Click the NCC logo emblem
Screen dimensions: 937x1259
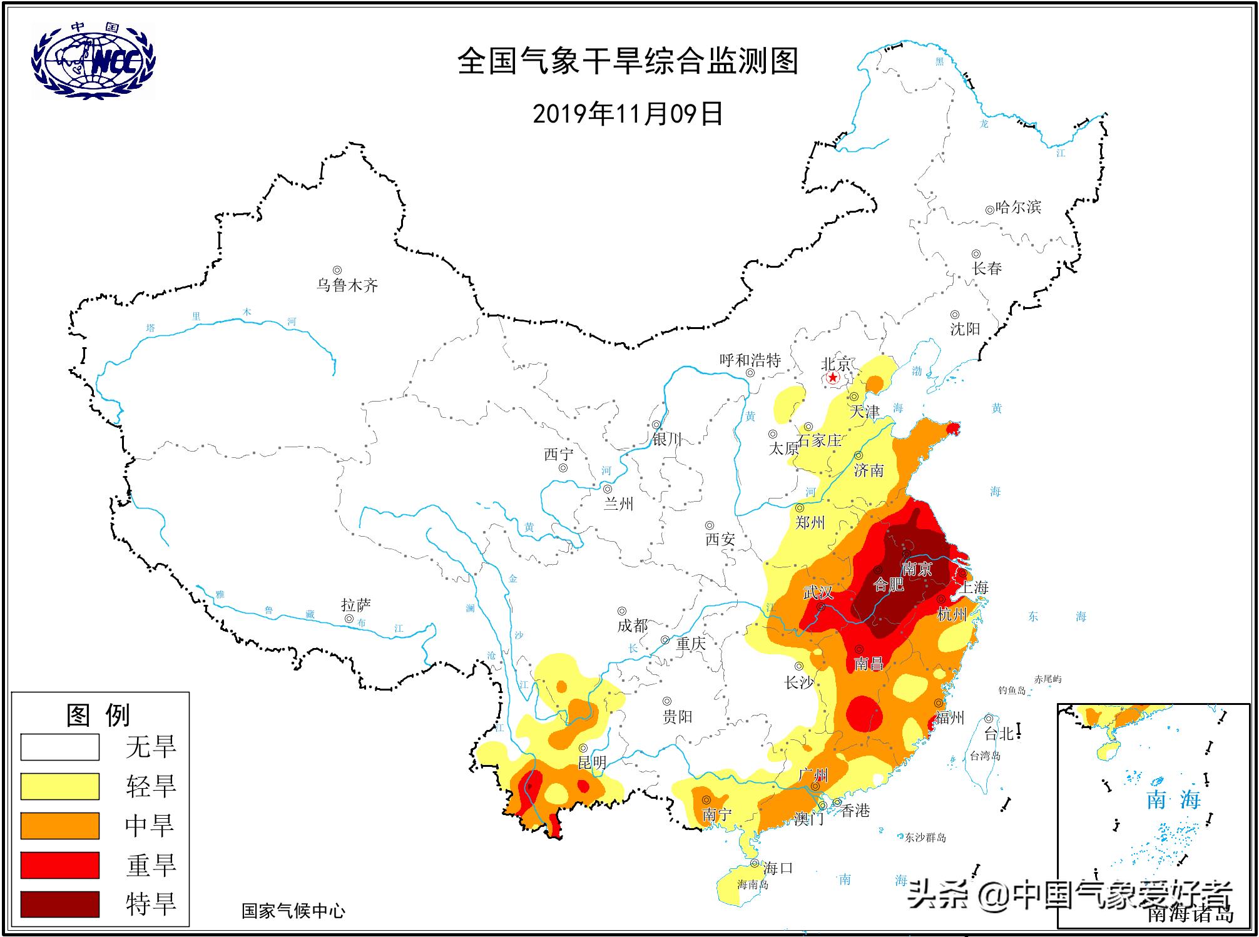pos(94,61)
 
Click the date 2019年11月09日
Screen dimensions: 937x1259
pos(628,114)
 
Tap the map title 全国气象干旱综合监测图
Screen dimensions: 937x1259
pos(628,62)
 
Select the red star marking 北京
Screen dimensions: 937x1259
pos(832,378)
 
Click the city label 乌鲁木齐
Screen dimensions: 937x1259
pos(347,286)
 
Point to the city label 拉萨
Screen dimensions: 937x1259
pos(356,605)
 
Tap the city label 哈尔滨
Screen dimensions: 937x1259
pos(1018,207)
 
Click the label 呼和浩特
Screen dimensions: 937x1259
pos(750,360)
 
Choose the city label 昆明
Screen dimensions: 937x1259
pos(591,763)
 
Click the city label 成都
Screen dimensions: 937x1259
pos(632,625)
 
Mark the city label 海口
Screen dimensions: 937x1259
pos(778,868)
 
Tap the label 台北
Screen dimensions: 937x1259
pos(998,733)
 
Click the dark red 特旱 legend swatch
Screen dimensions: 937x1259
pos(60,904)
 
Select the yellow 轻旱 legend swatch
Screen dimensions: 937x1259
pos(60,786)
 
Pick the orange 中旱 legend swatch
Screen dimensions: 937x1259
pos(60,826)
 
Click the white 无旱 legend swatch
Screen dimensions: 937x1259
pos(60,747)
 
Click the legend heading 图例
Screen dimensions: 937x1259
pos(98,715)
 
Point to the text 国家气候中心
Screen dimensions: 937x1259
pos(293,911)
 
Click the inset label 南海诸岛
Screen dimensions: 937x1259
pos(1191,914)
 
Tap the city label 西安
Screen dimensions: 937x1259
pos(720,539)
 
